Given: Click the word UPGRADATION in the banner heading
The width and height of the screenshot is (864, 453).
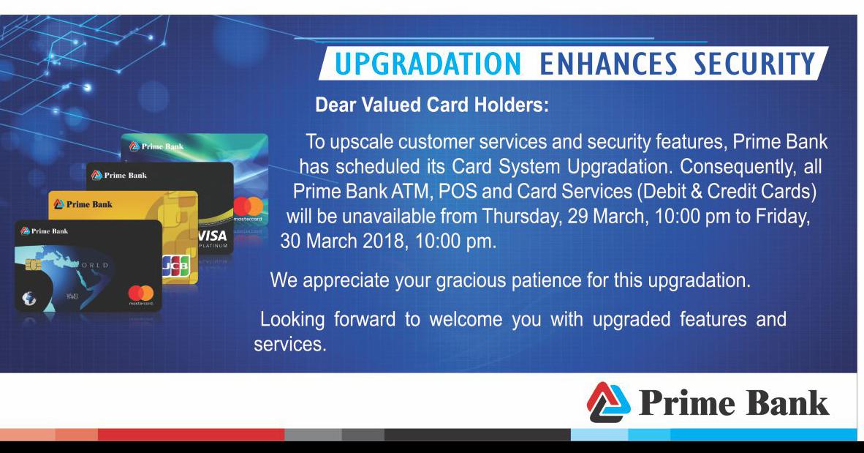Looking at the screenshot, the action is [x=428, y=64].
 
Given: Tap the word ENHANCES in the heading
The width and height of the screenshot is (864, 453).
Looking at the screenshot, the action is [x=608, y=64].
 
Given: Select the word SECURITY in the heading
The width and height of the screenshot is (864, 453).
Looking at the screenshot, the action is [x=754, y=64].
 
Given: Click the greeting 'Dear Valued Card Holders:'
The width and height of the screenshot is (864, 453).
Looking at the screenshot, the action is [x=432, y=105].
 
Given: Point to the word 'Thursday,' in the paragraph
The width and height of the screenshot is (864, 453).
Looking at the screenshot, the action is [x=522, y=217].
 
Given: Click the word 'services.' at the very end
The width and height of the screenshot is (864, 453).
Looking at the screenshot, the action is [x=290, y=344].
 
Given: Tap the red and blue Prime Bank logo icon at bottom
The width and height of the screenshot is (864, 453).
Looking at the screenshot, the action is [x=608, y=403].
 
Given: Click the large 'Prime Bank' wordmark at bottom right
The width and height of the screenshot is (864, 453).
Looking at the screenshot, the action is [x=733, y=403].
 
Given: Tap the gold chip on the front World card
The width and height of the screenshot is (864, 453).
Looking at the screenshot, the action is [x=33, y=266].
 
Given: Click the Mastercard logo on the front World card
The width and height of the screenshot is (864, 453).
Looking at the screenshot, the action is [x=141, y=293].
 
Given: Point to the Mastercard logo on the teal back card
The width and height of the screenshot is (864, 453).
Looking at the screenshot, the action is [x=249, y=209].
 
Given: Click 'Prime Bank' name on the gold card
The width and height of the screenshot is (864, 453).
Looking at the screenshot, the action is [x=83, y=204].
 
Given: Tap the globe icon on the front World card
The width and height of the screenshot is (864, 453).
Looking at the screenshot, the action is [x=29, y=299].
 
